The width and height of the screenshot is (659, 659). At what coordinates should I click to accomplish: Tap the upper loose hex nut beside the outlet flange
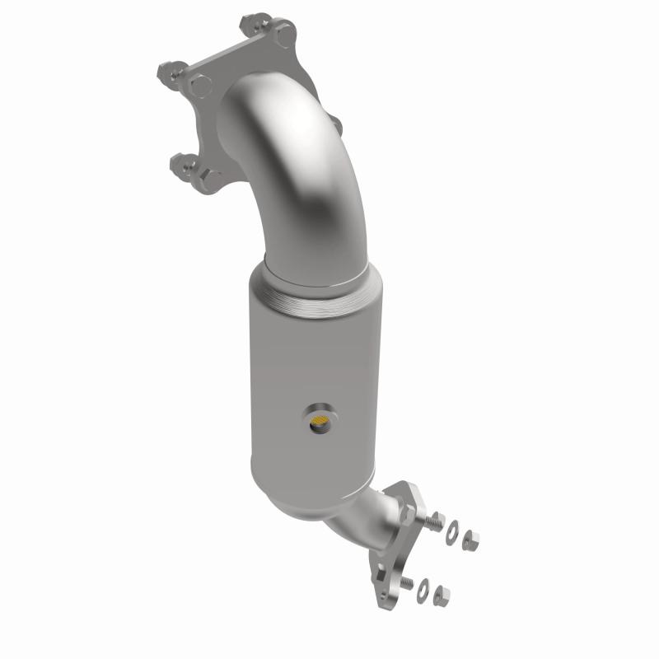471,539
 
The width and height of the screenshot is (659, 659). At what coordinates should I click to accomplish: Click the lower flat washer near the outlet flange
423,586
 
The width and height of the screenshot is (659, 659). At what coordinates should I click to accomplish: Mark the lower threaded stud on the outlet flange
408,581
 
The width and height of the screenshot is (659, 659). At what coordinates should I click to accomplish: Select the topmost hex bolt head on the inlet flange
283,35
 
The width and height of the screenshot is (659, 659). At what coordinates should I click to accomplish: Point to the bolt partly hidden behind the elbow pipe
336,125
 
